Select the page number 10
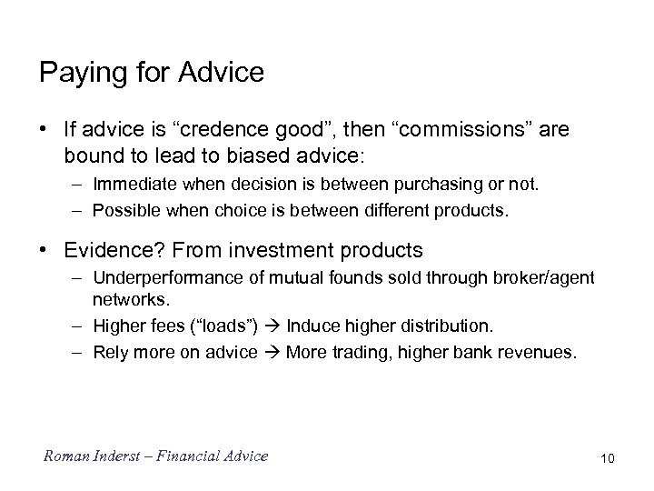(x=607, y=458)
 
